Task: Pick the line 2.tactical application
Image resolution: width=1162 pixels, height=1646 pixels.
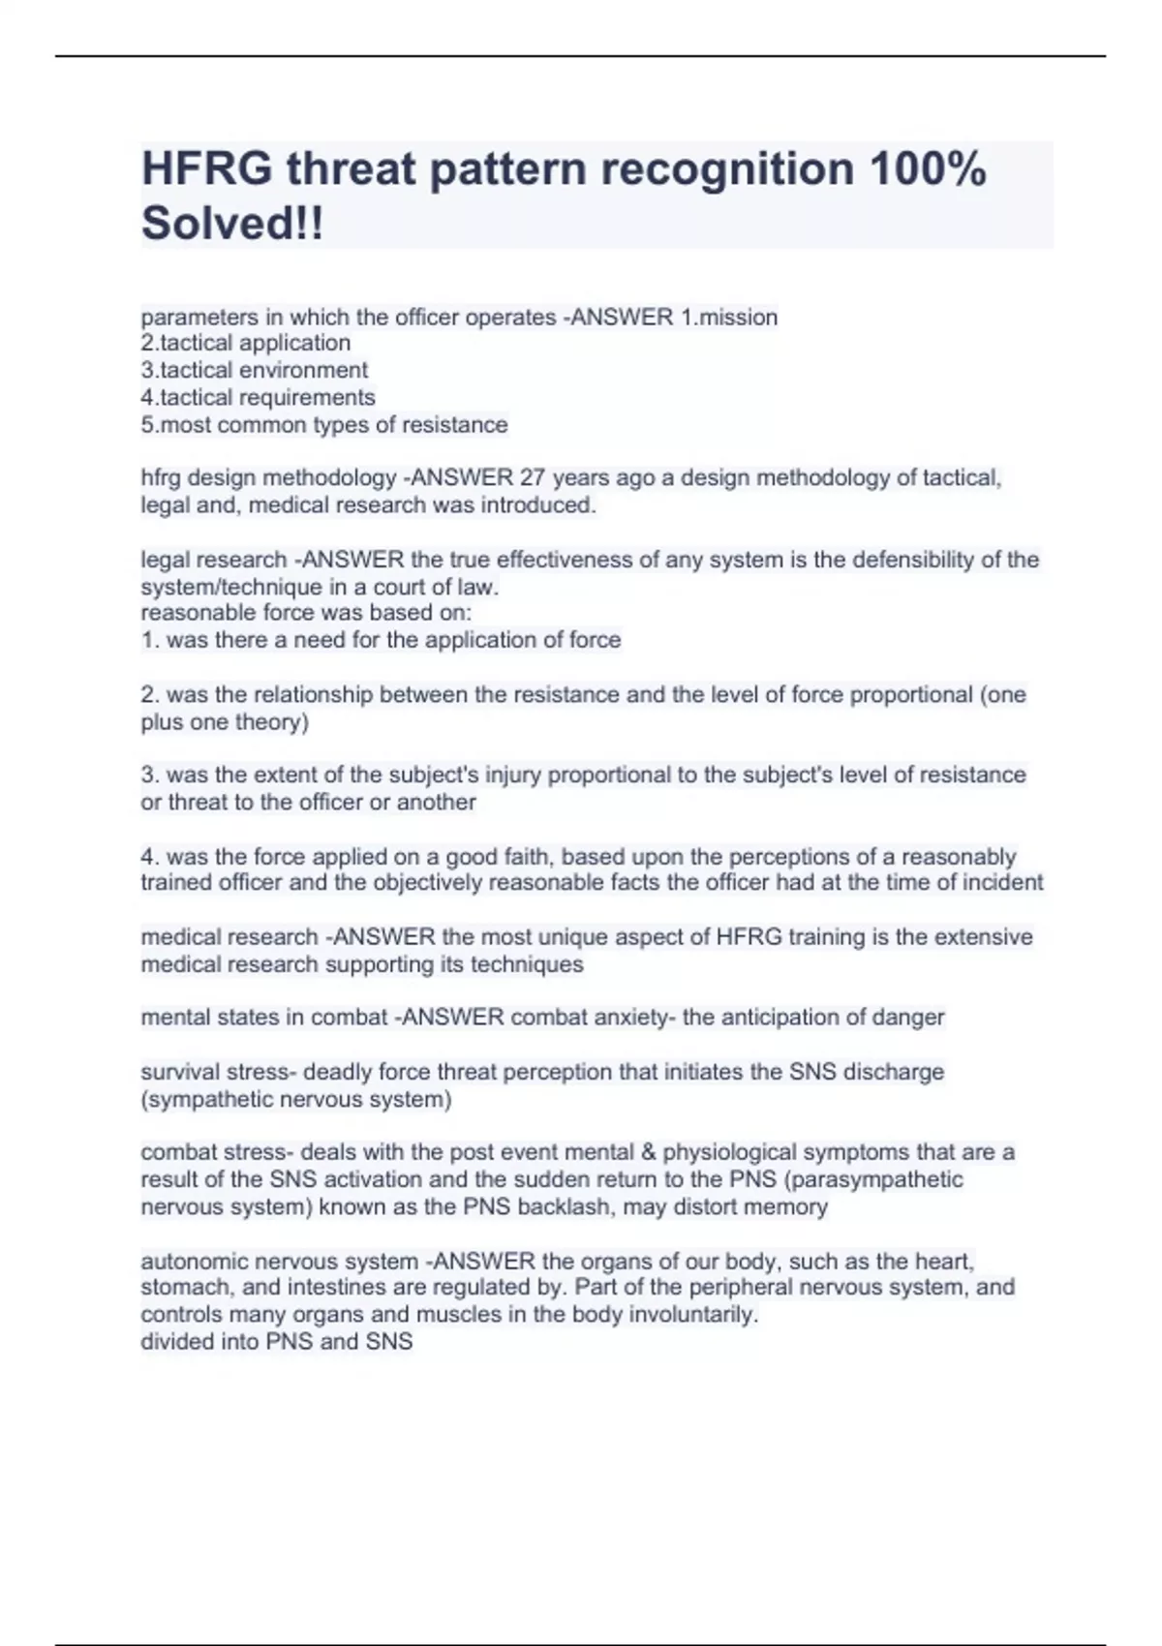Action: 246,343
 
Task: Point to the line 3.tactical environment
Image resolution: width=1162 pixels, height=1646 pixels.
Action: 255,370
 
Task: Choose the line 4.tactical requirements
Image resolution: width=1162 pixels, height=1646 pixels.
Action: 258,397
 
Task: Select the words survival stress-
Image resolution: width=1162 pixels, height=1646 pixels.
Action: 219,1072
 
